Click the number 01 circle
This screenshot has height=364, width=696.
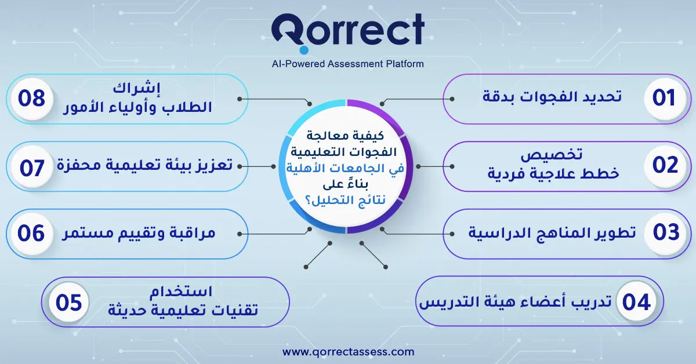664,98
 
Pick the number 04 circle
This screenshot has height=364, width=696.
636,302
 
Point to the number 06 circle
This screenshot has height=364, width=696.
31,233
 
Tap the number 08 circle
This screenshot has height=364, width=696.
31,98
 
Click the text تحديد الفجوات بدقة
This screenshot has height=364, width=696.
552,97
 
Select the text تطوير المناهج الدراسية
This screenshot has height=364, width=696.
552,233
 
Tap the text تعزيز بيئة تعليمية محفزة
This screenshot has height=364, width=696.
144,166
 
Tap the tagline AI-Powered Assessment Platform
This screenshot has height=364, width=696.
347,64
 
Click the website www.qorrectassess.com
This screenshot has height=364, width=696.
348,352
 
